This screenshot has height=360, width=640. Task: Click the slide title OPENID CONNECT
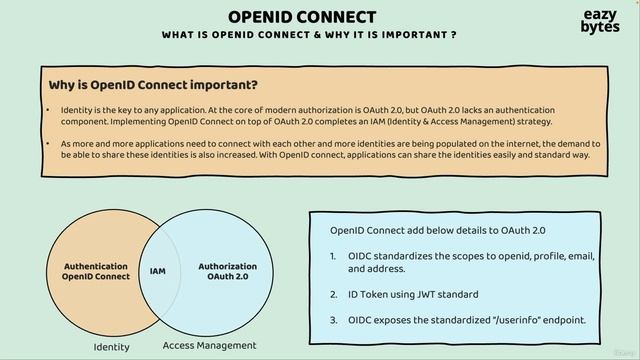coord(302,17)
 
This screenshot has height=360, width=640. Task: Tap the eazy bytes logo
coord(599,21)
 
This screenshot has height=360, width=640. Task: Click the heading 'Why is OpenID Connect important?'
coord(153,84)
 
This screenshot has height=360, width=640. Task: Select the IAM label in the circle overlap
coord(158,271)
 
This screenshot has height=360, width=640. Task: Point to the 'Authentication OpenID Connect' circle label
coord(96,272)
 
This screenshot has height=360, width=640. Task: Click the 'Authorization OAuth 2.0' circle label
coord(227,271)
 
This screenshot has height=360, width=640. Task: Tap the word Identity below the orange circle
coord(111,347)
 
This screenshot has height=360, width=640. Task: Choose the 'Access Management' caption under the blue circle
coord(209,345)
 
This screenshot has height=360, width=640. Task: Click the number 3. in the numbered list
coord(334,320)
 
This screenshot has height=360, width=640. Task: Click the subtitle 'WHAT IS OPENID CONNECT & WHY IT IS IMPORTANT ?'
coord(309,35)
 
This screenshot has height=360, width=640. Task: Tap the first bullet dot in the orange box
coord(49,109)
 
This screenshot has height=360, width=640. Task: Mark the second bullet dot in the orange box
coord(49,144)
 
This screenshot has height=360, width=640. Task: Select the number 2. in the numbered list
coord(334,294)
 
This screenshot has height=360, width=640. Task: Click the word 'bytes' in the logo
coord(599,28)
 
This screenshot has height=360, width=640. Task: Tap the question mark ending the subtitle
coord(454,35)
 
